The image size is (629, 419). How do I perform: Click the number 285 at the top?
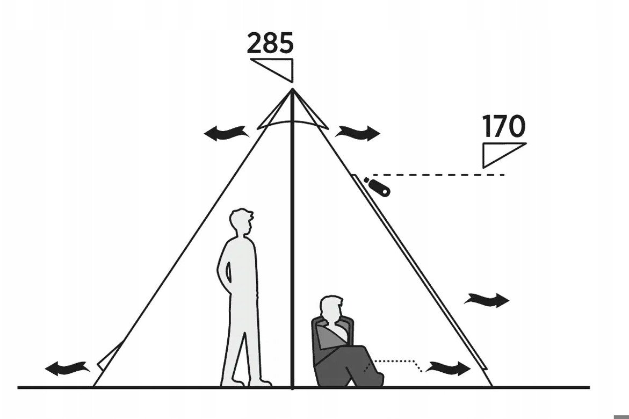(x=270, y=43)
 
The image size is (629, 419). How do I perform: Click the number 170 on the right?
(x=503, y=126)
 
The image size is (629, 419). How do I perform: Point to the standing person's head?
(x=241, y=222)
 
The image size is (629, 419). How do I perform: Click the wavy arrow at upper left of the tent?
(x=225, y=133)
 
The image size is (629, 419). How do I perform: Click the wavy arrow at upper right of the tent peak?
(x=358, y=133)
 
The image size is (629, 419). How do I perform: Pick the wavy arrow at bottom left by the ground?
(x=67, y=367)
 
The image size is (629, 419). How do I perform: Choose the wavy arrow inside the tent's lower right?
(x=448, y=367)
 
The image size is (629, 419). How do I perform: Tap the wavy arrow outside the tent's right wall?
(x=487, y=300)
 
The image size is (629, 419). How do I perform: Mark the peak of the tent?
(x=292, y=89)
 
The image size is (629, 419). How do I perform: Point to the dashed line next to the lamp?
(x=437, y=175)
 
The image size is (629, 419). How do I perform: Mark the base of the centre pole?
(x=292, y=387)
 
